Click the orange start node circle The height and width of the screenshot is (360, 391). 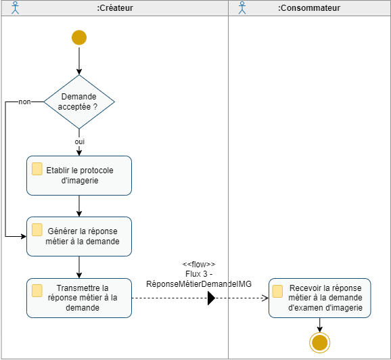(79, 38)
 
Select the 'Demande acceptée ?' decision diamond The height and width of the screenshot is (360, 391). (79, 102)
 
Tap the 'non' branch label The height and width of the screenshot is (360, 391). (24, 102)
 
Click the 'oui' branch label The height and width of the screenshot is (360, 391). (79, 141)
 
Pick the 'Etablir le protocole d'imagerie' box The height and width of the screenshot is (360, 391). (79, 175)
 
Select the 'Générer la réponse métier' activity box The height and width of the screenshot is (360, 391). (79, 236)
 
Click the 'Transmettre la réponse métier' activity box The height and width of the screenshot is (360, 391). (79, 298)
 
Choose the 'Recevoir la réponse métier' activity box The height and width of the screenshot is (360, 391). (319, 298)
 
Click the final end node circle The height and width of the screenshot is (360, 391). (319, 342)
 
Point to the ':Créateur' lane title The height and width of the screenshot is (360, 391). (115, 8)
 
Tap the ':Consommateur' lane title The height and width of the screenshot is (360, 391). (309, 8)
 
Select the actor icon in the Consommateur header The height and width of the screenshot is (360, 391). (242, 8)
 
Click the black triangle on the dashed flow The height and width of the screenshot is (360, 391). (211, 298)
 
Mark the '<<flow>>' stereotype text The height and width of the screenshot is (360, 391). (199, 264)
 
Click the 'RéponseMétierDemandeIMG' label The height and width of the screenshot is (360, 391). (199, 284)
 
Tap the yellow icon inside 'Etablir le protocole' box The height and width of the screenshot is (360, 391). (37, 168)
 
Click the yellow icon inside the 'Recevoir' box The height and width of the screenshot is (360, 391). (277, 291)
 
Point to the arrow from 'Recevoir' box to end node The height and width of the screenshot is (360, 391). (319, 325)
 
